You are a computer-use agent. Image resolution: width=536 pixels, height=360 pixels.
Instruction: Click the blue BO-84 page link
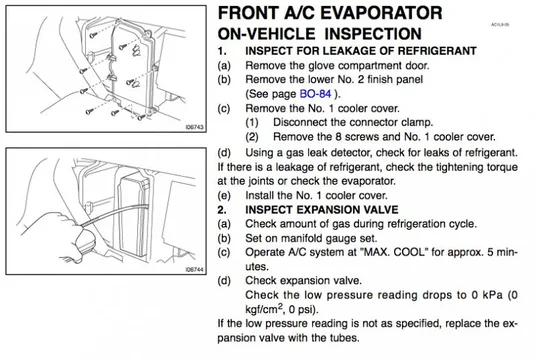click(315, 94)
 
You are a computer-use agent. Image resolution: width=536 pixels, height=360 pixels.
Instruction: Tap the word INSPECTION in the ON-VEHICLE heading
click(373, 34)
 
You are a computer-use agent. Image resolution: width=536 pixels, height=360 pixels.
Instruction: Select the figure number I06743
click(195, 127)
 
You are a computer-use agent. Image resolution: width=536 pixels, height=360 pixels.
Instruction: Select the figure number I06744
click(195, 269)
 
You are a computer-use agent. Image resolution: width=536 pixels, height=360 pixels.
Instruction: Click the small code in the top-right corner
click(500, 25)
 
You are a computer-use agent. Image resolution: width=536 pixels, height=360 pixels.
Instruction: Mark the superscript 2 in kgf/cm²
click(280, 306)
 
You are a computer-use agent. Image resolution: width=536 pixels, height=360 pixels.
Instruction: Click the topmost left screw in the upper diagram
click(93, 35)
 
